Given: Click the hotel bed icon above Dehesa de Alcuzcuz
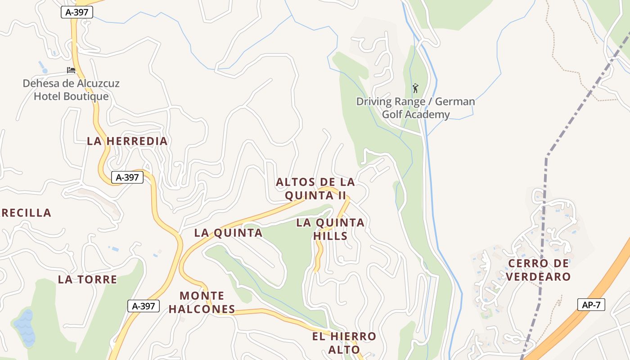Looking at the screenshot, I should tap(71, 70).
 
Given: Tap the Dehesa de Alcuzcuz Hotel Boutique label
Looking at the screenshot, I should tap(71, 90).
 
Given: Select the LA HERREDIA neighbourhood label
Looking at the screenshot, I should tap(127, 141).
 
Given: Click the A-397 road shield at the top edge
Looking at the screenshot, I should tap(76, 13).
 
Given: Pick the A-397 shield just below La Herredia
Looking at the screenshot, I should tap(127, 177).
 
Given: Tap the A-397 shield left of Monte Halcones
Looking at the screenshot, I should tap(144, 306).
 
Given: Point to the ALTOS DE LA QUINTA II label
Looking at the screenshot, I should tap(315, 189).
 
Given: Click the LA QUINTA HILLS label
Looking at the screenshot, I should tap(330, 229).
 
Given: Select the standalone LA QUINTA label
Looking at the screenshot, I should tap(228, 233).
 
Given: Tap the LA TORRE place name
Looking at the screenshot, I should tap(87, 279).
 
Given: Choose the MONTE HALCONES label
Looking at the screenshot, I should tap(202, 302).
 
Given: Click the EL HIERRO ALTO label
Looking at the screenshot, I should tap(344, 343).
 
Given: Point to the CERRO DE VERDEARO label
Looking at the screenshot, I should tap(538, 270).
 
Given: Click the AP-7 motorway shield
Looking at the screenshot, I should tap(591, 305).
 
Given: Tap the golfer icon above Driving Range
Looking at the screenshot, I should tap(415, 88).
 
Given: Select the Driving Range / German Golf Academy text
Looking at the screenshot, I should tap(415, 108).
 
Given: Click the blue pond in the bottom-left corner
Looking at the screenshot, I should tap(25, 328).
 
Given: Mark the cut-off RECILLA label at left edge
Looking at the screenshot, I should tap(26, 213).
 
